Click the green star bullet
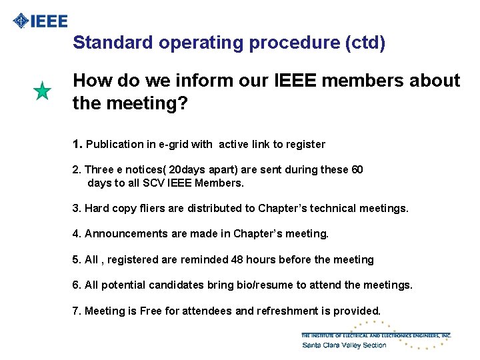point(42,91)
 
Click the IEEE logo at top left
point(41,21)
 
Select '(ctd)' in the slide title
point(365,43)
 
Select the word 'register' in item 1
point(304,144)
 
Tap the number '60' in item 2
point(357,169)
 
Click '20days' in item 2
point(186,169)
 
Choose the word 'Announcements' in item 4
point(125,234)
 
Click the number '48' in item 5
point(238,259)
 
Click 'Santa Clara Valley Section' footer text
point(344,345)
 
